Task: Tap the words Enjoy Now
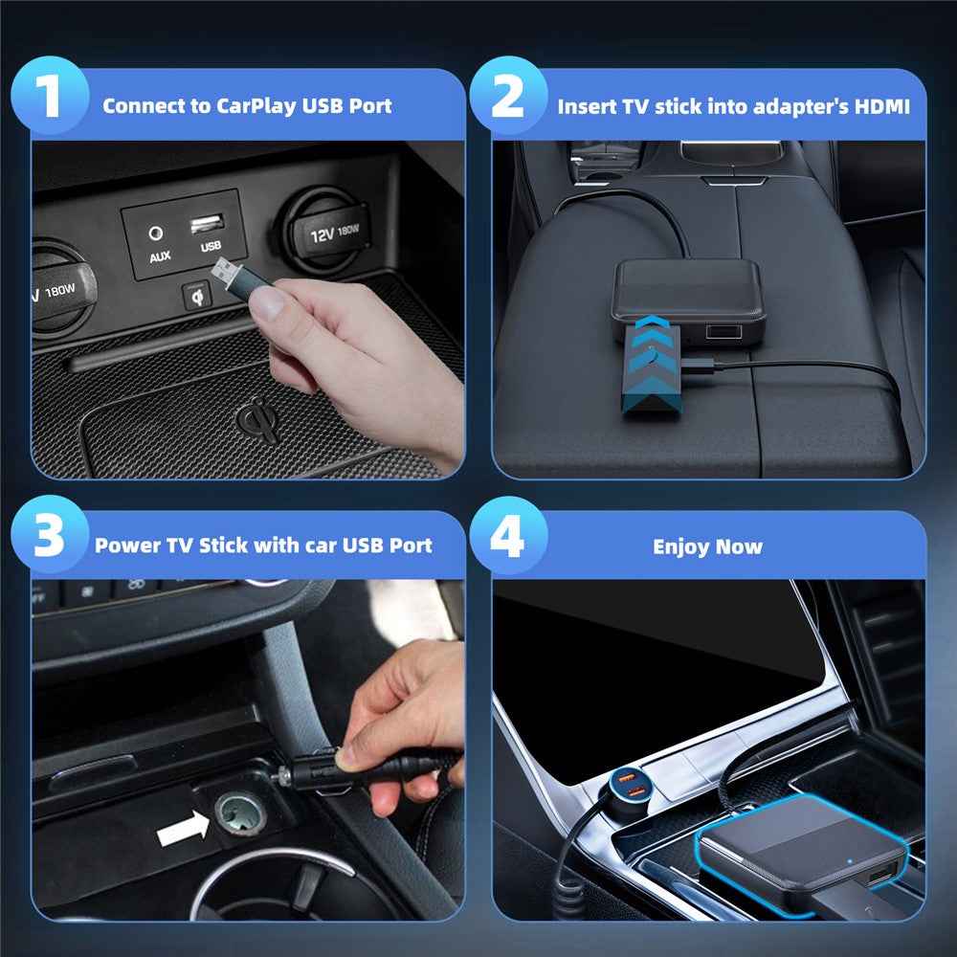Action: (707, 546)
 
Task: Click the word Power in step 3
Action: (127, 545)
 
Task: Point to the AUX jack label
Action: (159, 256)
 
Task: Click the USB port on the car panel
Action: (208, 227)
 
